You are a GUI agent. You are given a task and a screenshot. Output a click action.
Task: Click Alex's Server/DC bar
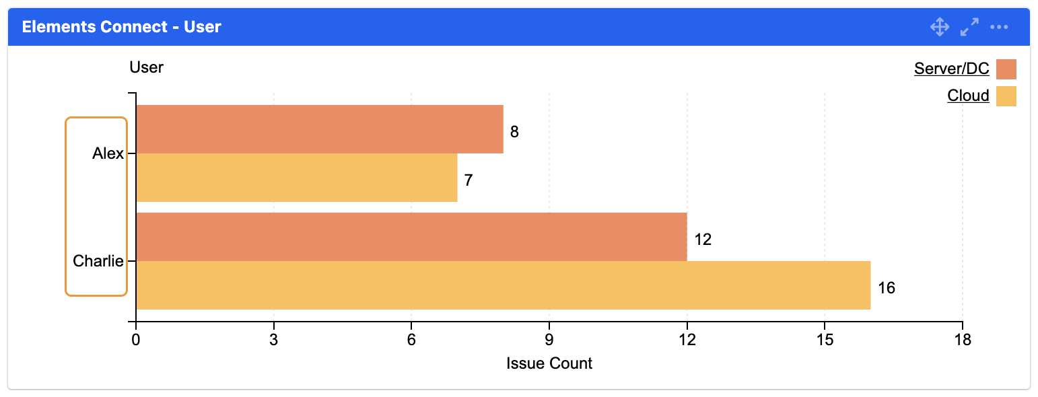tap(320, 129)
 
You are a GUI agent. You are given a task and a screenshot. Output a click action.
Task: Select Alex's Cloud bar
tap(297, 178)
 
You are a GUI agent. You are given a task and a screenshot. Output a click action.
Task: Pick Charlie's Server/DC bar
tap(411, 237)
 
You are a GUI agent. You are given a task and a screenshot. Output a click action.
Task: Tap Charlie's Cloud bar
tap(503, 285)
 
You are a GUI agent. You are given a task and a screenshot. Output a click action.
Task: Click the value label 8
tap(514, 132)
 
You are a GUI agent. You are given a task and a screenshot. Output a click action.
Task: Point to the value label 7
tap(469, 180)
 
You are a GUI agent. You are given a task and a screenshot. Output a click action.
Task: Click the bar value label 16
tap(887, 288)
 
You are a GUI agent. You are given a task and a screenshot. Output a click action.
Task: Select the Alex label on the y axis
tap(108, 153)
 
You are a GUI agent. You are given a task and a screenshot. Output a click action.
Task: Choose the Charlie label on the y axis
tap(98, 261)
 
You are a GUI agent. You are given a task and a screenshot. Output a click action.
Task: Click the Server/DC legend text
tap(951, 69)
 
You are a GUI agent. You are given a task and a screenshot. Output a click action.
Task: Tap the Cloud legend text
tap(968, 96)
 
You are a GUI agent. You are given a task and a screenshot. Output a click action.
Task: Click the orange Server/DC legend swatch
tap(1006, 69)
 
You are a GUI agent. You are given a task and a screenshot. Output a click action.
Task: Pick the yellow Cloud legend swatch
tap(1006, 96)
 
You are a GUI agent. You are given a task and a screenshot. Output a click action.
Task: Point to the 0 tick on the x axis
tap(136, 340)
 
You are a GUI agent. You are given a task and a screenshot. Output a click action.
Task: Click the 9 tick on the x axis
tap(549, 340)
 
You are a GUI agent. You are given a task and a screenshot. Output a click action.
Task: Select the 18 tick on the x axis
tap(963, 340)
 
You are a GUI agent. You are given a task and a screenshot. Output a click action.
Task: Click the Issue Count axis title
tap(549, 364)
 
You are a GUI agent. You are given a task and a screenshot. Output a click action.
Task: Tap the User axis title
tap(147, 67)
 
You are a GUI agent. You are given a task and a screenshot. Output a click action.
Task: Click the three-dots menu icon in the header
tap(999, 27)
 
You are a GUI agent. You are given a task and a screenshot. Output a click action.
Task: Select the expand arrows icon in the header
tap(969, 27)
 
